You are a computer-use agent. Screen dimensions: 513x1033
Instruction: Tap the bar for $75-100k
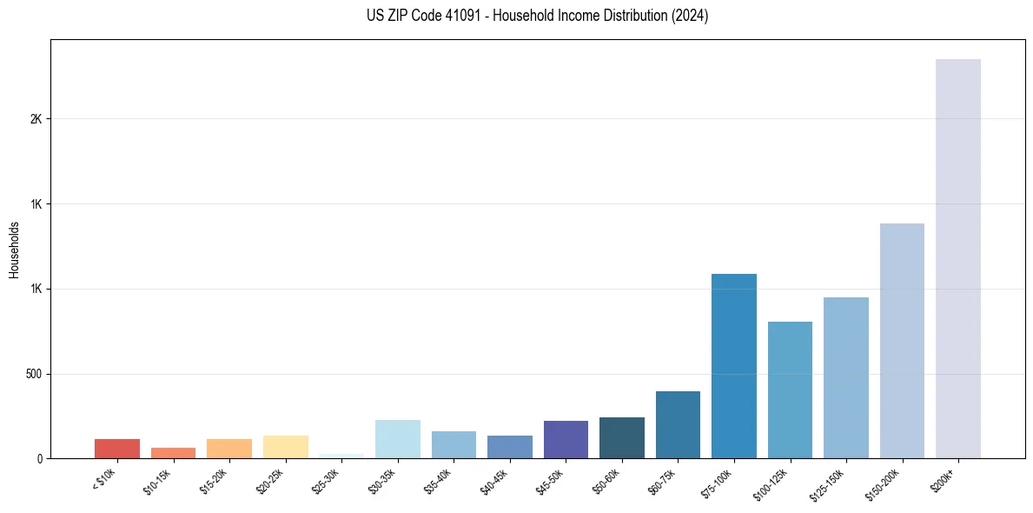tap(734, 366)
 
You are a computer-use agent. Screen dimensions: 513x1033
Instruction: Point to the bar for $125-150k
tap(846, 377)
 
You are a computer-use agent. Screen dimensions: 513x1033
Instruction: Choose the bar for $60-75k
tap(678, 424)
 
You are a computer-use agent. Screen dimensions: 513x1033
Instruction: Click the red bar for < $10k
tap(117, 449)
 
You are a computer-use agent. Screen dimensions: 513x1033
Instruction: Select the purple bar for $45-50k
tap(566, 439)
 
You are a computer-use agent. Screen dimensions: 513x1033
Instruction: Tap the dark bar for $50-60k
tap(622, 437)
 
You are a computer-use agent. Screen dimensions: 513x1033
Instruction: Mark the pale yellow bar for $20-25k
tap(286, 447)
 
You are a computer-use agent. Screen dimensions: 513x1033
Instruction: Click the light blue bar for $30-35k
tap(398, 439)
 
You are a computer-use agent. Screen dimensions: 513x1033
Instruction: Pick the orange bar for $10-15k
tap(174, 453)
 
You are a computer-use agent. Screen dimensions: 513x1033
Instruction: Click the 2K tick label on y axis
tap(36, 119)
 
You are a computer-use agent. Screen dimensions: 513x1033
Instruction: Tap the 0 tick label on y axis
tap(39, 458)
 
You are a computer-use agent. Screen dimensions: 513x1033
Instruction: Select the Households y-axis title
tap(14, 250)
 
